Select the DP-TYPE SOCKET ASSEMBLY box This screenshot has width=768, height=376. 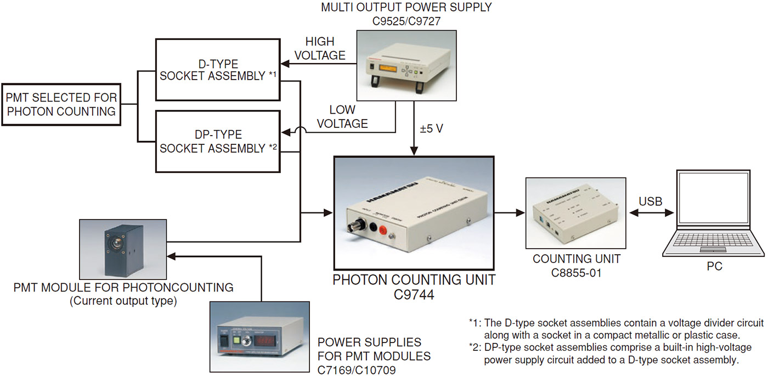click(x=218, y=141)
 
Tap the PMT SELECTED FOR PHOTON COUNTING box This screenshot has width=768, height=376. click(x=61, y=104)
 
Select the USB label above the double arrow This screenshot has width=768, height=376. click(x=650, y=201)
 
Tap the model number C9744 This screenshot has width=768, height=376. click(x=414, y=295)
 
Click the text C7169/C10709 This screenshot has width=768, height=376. click(x=357, y=370)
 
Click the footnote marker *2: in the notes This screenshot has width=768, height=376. click(x=475, y=347)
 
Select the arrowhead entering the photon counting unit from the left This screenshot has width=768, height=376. click(x=329, y=211)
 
